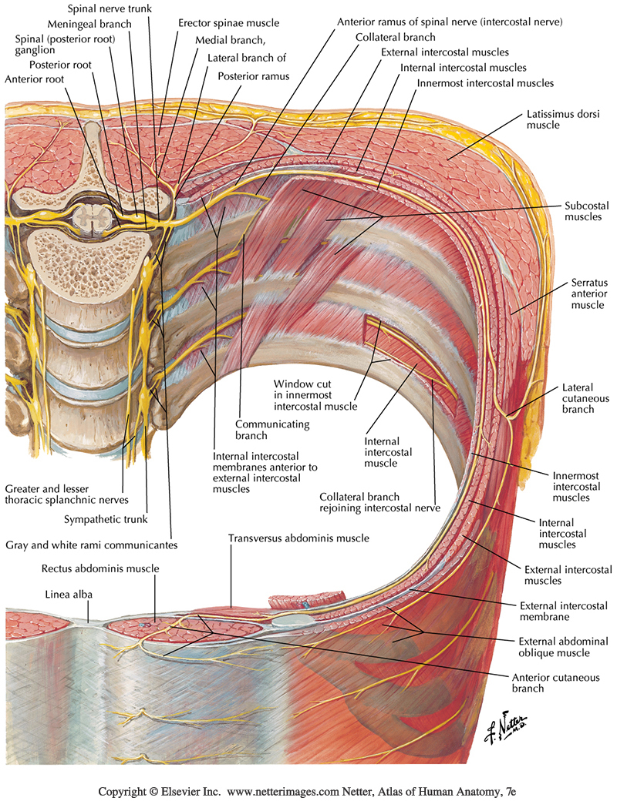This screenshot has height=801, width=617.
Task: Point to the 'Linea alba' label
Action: [x=67, y=594]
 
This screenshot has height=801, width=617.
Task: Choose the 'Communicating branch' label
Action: [x=261, y=430]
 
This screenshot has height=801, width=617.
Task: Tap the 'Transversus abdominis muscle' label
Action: [x=298, y=538]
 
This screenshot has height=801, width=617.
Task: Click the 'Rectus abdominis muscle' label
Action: [x=101, y=568]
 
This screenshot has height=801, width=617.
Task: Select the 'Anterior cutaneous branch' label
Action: [x=543, y=683]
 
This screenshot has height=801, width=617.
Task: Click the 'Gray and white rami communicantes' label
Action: [x=92, y=545]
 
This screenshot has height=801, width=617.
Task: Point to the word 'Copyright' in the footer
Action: [x=123, y=791]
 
